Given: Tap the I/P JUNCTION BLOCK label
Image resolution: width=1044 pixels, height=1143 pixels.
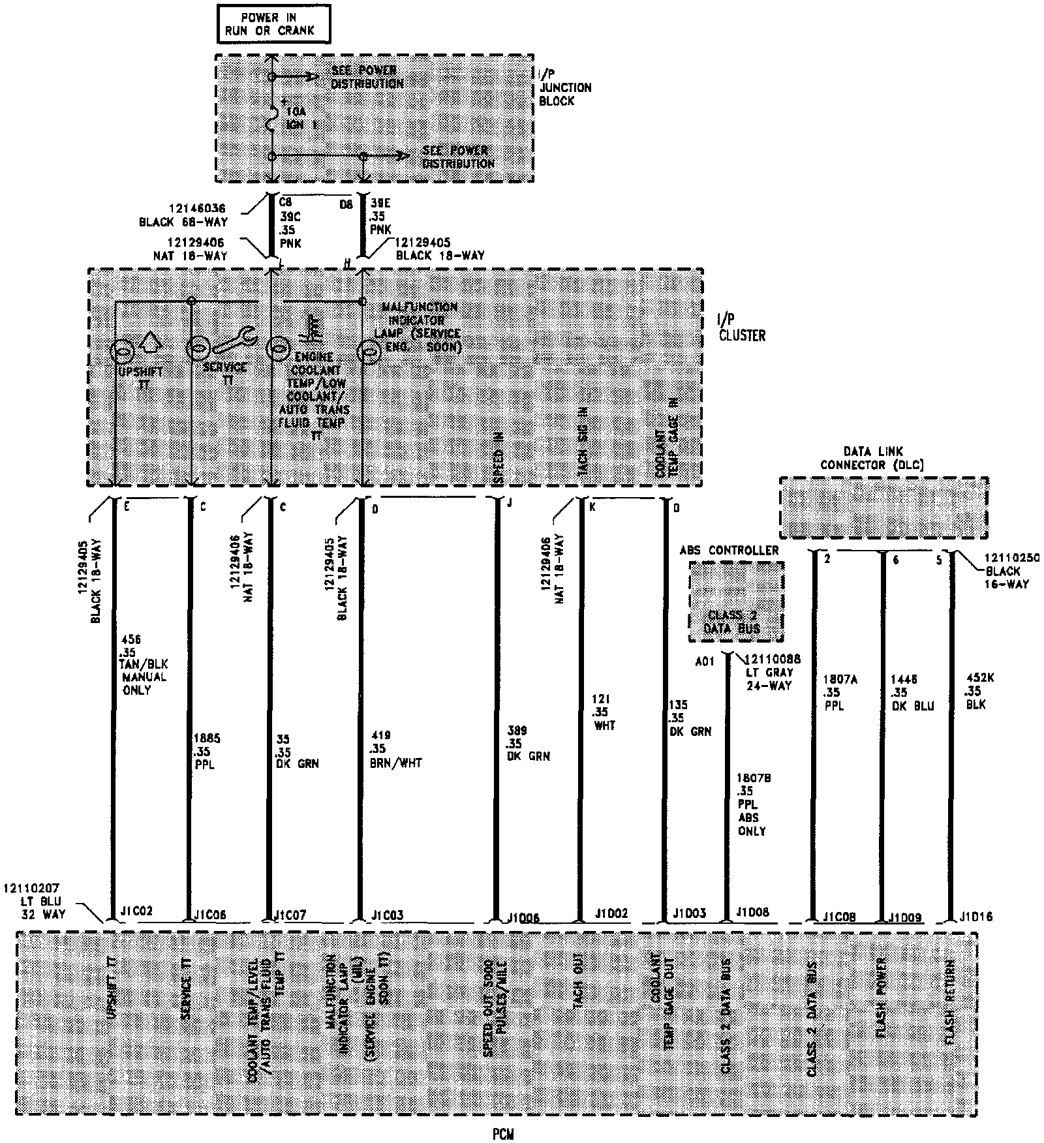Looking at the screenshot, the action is [x=565, y=87].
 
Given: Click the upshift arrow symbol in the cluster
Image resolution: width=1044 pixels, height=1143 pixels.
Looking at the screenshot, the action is [x=150, y=340].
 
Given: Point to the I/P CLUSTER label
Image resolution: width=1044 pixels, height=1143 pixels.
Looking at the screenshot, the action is [x=741, y=329].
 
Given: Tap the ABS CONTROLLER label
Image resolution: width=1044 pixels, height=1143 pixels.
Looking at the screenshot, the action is [x=729, y=550].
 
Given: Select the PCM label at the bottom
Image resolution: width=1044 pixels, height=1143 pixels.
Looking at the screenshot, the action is [x=503, y=1135].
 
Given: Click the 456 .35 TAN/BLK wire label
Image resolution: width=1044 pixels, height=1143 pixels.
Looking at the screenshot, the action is [x=144, y=664].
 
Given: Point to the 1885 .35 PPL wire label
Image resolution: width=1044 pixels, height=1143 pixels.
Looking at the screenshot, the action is [x=207, y=751].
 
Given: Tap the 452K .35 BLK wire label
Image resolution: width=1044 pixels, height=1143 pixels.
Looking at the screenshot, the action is [x=979, y=691].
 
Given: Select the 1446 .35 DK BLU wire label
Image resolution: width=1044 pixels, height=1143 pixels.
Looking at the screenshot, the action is [x=912, y=693].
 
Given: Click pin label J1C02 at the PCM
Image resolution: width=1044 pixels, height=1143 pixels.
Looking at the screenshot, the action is [x=136, y=911].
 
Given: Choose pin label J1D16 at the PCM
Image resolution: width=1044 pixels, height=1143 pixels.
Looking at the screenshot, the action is [x=976, y=917].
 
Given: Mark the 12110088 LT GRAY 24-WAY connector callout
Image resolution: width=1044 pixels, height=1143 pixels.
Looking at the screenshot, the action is [x=767, y=672].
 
